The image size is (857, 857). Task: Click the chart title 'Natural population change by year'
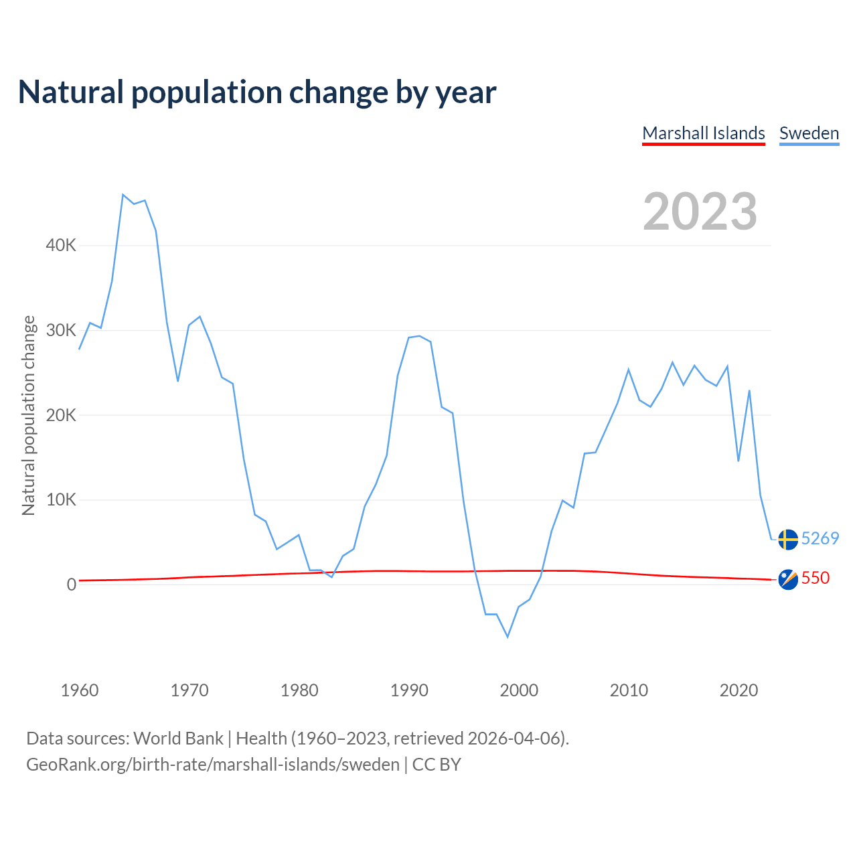tap(257, 92)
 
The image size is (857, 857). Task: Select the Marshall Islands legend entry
tap(703, 133)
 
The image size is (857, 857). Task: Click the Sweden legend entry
tap(809, 133)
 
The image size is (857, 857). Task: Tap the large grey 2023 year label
tap(700, 212)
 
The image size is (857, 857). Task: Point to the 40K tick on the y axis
tap(61, 246)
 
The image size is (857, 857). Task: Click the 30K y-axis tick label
tap(61, 331)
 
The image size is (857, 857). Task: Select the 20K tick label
tap(61, 415)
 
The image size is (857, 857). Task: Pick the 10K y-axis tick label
tap(61, 500)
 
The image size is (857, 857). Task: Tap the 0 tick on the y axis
tap(72, 585)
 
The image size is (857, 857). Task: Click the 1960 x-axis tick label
tap(80, 690)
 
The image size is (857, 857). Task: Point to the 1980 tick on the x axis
tap(299, 690)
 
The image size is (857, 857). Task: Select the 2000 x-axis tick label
tap(519, 690)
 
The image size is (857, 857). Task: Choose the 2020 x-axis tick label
tap(738, 690)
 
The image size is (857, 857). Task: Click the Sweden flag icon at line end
tap(788, 539)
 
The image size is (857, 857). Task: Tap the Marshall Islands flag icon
tap(788, 579)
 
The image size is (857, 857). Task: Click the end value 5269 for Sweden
tap(820, 539)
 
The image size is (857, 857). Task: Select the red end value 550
tap(815, 578)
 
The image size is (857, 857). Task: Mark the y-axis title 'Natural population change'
tap(28, 415)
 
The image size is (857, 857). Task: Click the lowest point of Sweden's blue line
tap(508, 637)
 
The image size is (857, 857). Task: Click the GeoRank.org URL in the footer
tap(213, 765)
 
